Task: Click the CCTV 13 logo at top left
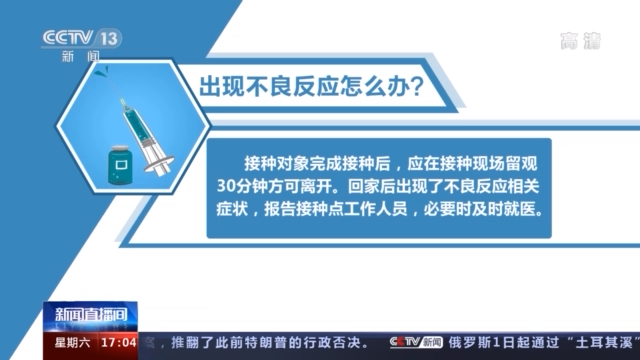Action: click(80, 40)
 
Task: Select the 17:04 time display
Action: click(116, 341)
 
